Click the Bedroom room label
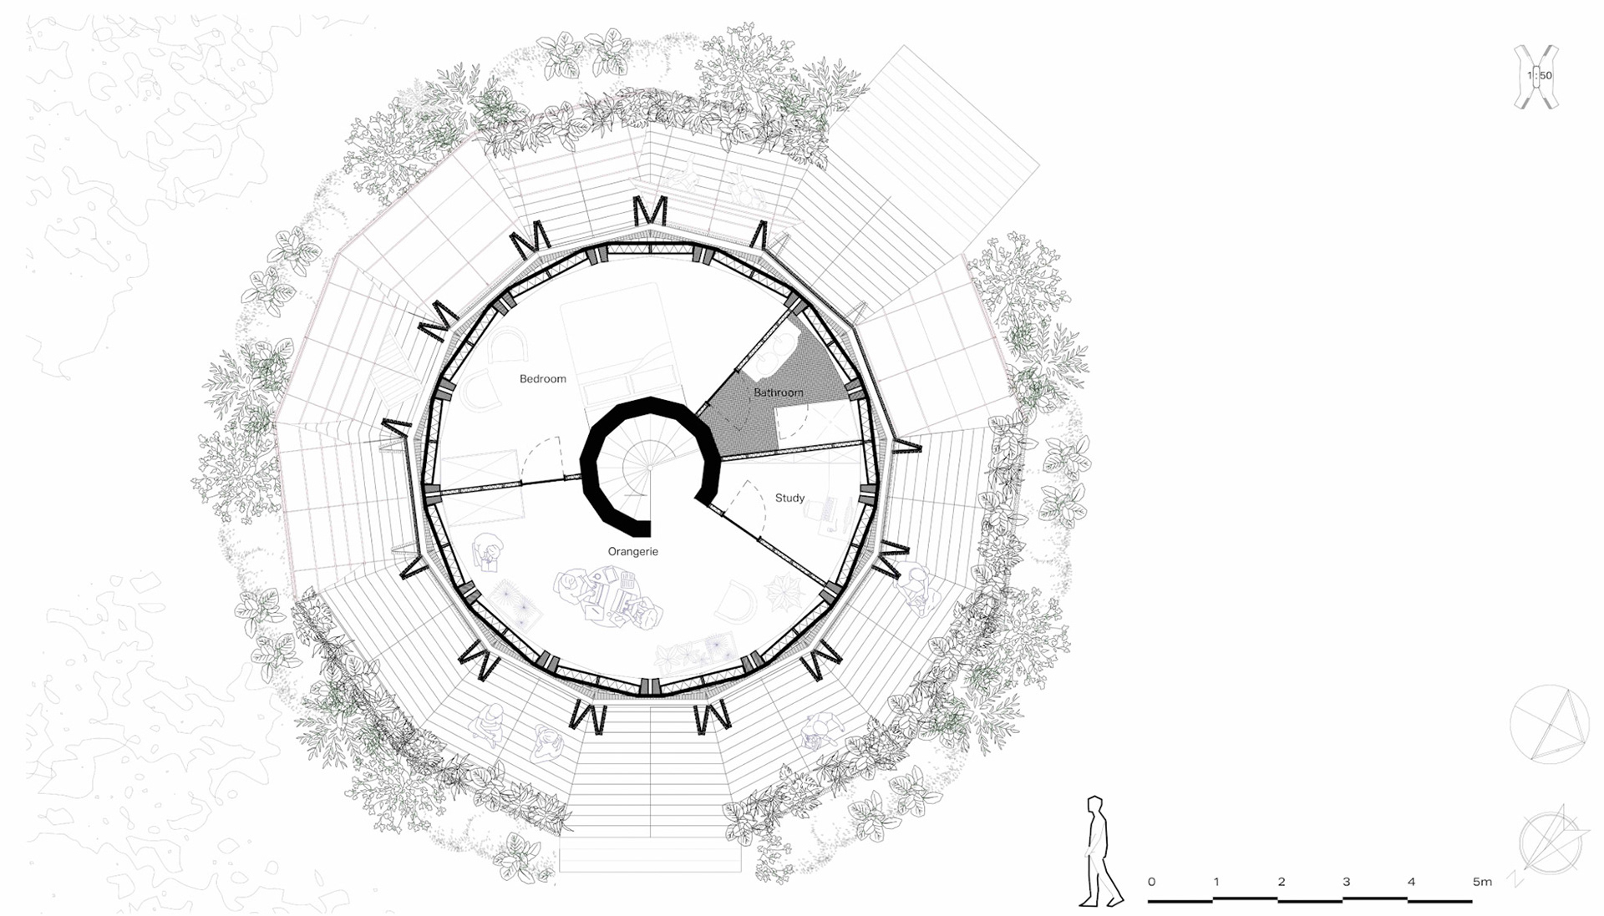(x=542, y=379)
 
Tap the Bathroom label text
(x=779, y=392)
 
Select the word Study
(x=789, y=498)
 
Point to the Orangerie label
(x=632, y=552)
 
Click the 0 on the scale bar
(x=1151, y=882)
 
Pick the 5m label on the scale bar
(x=1482, y=882)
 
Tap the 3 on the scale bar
(x=1346, y=882)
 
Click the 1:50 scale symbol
(x=1537, y=76)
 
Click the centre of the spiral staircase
(x=649, y=468)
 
